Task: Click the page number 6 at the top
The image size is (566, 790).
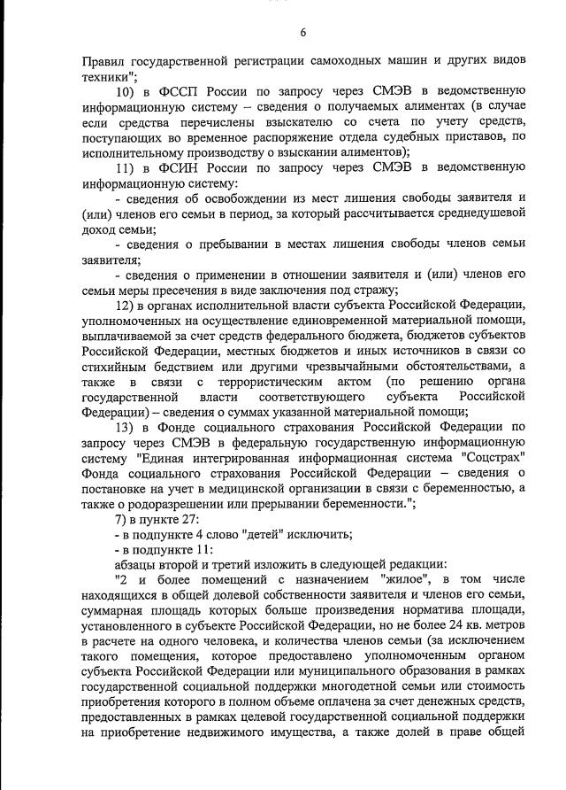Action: (x=303, y=33)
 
